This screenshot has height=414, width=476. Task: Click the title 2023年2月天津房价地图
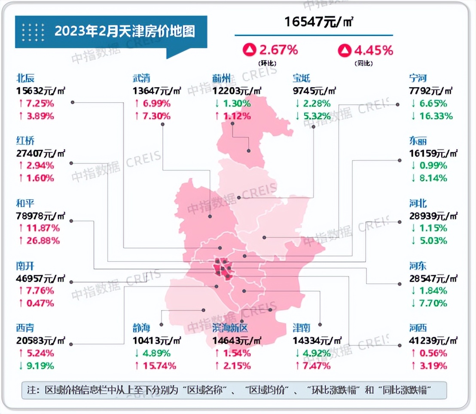(x=125, y=31)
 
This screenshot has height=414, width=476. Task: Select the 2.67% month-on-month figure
(x=278, y=50)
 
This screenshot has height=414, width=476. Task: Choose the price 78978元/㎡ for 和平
(x=41, y=216)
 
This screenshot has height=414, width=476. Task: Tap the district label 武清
(x=142, y=79)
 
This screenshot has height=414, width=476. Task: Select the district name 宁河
(x=418, y=79)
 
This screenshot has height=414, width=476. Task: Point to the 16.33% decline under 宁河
(x=431, y=116)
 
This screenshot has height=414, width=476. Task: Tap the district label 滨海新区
(x=230, y=329)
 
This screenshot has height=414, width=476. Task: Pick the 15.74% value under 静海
(x=155, y=365)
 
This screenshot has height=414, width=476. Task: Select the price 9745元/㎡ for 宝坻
(x=314, y=91)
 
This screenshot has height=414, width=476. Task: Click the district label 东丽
(x=418, y=141)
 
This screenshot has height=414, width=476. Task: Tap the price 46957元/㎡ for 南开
(x=41, y=278)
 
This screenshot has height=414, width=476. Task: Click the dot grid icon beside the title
(x=33, y=32)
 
